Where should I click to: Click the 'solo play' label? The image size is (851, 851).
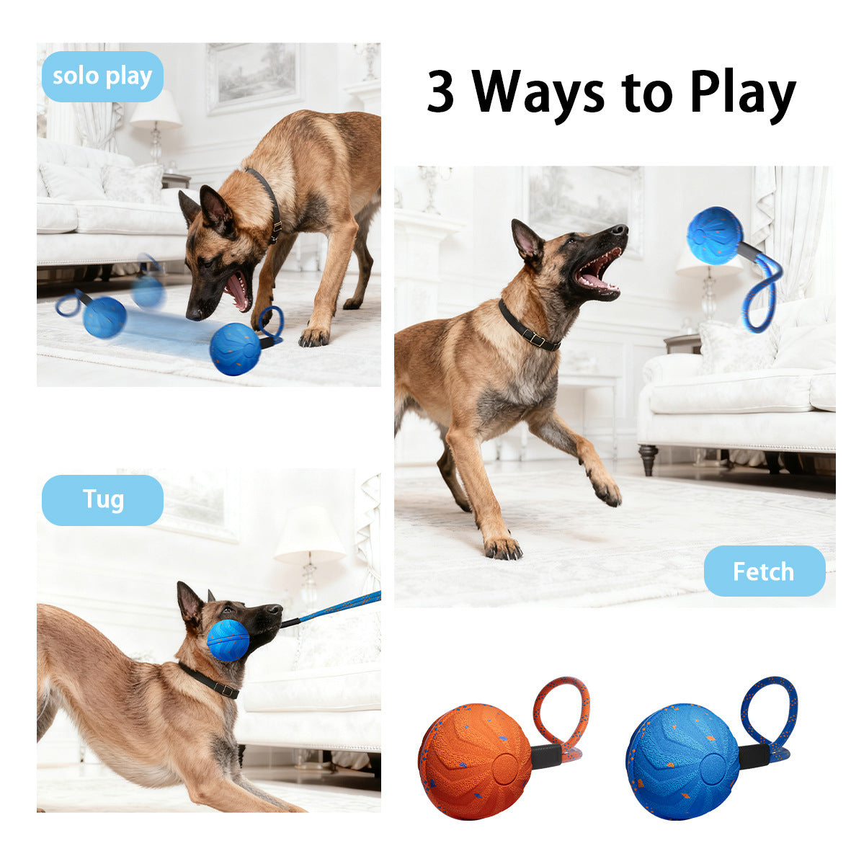pos(102,76)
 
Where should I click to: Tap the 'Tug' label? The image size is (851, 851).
pos(102,499)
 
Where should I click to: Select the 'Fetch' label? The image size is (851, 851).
pos(764,571)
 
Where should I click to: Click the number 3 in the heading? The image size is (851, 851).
pos(441,92)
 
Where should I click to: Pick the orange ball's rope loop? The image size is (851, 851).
pos(562,713)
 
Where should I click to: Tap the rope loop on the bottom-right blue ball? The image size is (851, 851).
pos(770,713)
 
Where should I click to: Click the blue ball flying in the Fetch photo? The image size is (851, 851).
pos(714,235)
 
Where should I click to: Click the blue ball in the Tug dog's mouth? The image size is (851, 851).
pos(228,640)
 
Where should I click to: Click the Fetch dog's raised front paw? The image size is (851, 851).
pos(606,491)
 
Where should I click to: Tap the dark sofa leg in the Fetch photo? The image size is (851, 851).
pos(647,459)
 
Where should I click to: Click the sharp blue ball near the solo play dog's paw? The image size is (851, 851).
pos(236,349)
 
